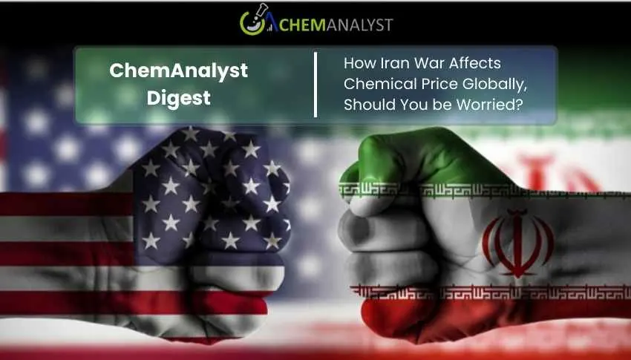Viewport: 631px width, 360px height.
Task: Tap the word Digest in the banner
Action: pos(178,98)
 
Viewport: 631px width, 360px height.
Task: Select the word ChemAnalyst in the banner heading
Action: pos(178,71)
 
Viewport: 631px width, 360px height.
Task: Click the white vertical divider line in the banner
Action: pos(316,85)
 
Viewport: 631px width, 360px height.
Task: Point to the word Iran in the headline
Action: pos(391,65)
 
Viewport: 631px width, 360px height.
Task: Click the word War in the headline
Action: pos(426,65)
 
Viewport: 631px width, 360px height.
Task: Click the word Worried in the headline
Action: pos(494,105)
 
